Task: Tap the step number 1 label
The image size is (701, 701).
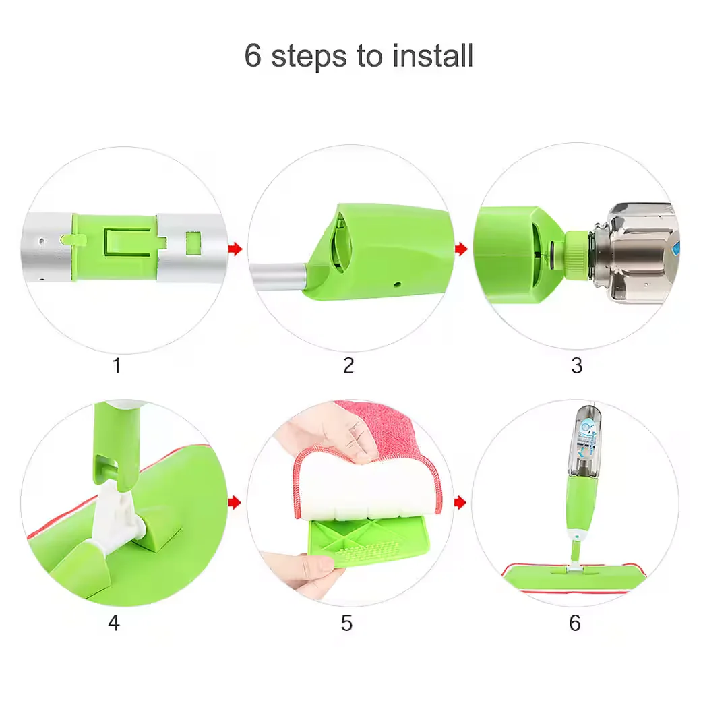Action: point(117,366)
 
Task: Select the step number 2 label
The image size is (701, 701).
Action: point(348,366)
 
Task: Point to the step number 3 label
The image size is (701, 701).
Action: point(577,366)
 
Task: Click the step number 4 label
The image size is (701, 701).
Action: point(114,623)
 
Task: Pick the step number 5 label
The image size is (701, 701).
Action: point(346,623)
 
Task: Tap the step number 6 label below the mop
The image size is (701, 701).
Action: point(575,623)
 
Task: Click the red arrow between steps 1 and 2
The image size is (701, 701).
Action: point(235,249)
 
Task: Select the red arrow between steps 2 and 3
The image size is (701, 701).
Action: point(461,249)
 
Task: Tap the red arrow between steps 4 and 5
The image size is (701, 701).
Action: point(235,503)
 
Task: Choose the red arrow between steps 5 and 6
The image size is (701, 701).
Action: point(461,503)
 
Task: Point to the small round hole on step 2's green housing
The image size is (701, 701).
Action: point(397,284)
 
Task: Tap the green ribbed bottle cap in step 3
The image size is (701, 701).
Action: point(577,253)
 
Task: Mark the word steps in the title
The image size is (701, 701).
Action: point(309,57)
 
